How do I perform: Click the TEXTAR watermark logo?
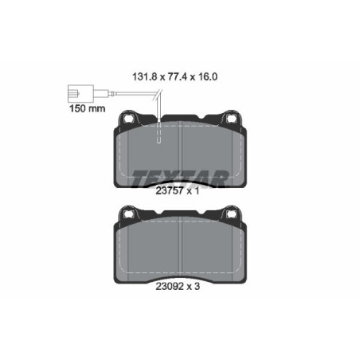(180, 177)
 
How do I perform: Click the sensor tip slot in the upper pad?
(160, 134)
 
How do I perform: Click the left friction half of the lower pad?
(147, 247)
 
